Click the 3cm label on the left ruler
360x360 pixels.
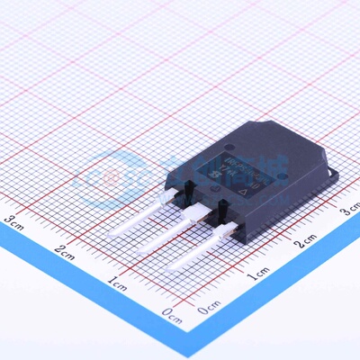point(13,218)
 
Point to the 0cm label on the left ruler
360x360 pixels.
point(171,312)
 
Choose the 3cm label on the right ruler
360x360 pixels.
point(350,210)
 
